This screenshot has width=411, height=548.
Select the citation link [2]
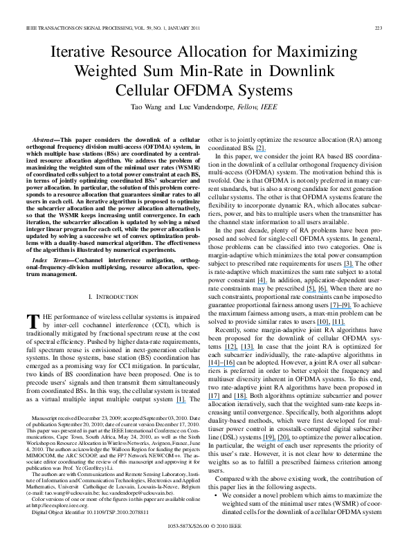[x=260, y=149]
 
